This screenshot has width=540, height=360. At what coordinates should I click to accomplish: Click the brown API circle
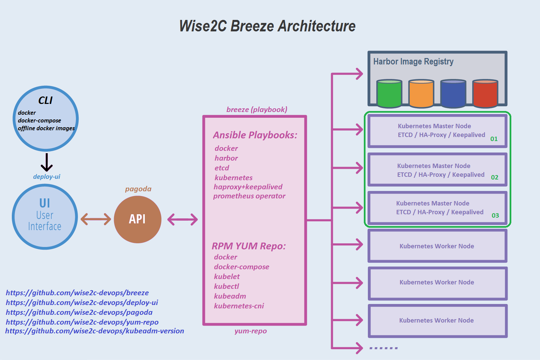click(137, 219)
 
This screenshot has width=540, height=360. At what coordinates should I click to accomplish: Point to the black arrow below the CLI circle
click(47, 162)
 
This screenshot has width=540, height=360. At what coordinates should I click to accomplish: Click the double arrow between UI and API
click(96, 219)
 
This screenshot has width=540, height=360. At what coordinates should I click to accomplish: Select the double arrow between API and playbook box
click(182, 219)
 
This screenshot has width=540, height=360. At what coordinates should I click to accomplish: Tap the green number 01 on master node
click(494, 139)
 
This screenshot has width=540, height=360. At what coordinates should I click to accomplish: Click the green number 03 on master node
click(495, 215)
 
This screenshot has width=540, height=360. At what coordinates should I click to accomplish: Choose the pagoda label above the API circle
click(138, 189)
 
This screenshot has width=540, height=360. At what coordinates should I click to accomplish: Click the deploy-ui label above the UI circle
click(47, 176)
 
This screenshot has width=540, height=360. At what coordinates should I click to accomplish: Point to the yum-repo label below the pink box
click(250, 331)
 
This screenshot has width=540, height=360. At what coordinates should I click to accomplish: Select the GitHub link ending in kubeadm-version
click(94, 331)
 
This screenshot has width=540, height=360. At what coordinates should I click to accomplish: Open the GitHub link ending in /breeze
click(77, 293)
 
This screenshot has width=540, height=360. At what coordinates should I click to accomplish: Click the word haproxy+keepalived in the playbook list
click(248, 187)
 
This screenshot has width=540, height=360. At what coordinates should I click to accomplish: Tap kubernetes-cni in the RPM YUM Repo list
click(239, 306)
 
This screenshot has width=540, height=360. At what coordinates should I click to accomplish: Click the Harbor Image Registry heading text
click(413, 61)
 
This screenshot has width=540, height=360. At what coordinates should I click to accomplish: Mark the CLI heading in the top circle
click(45, 100)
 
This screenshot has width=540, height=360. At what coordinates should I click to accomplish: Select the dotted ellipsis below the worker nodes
click(383, 348)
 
